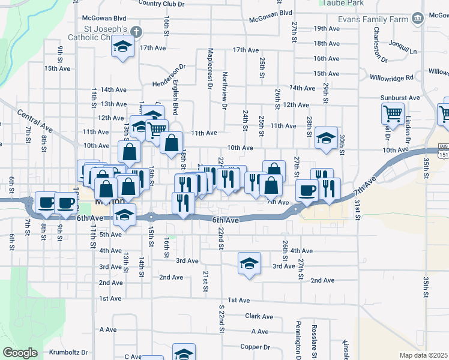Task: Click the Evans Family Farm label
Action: click(372, 19)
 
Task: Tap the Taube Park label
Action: click(342, 4)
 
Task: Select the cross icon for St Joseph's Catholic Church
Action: click(136, 31)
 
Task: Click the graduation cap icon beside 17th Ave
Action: click(122, 47)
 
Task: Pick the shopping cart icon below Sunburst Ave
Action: click(392, 112)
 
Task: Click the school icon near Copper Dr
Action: click(184, 352)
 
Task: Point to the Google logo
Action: click(20, 353)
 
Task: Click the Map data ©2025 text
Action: click(424, 355)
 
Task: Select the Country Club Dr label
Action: click(161, 4)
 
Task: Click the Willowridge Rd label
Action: click(392, 77)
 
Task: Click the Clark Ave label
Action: click(259, 316)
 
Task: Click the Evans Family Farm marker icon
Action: click(417, 19)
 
